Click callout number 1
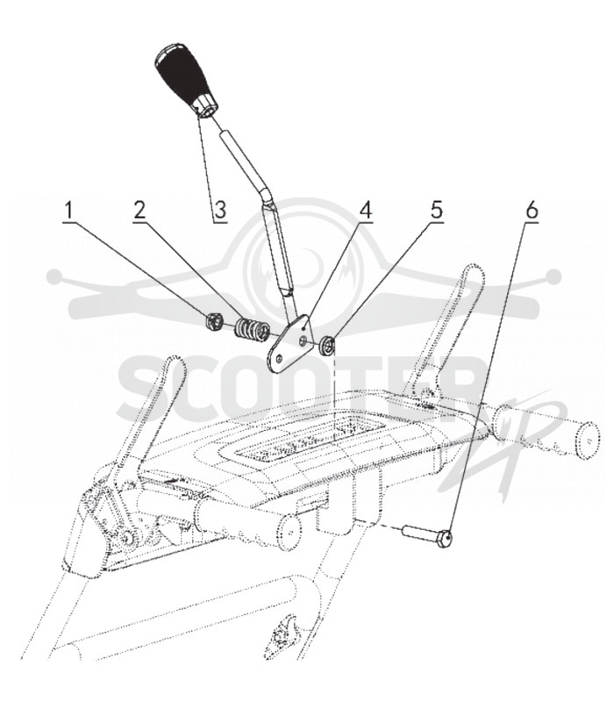69,211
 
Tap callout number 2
139,211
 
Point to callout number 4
366,211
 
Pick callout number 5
436,211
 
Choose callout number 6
532,211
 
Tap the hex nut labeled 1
214,321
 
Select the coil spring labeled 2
252,331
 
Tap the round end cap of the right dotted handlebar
587,441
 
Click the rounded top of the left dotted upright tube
174,362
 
